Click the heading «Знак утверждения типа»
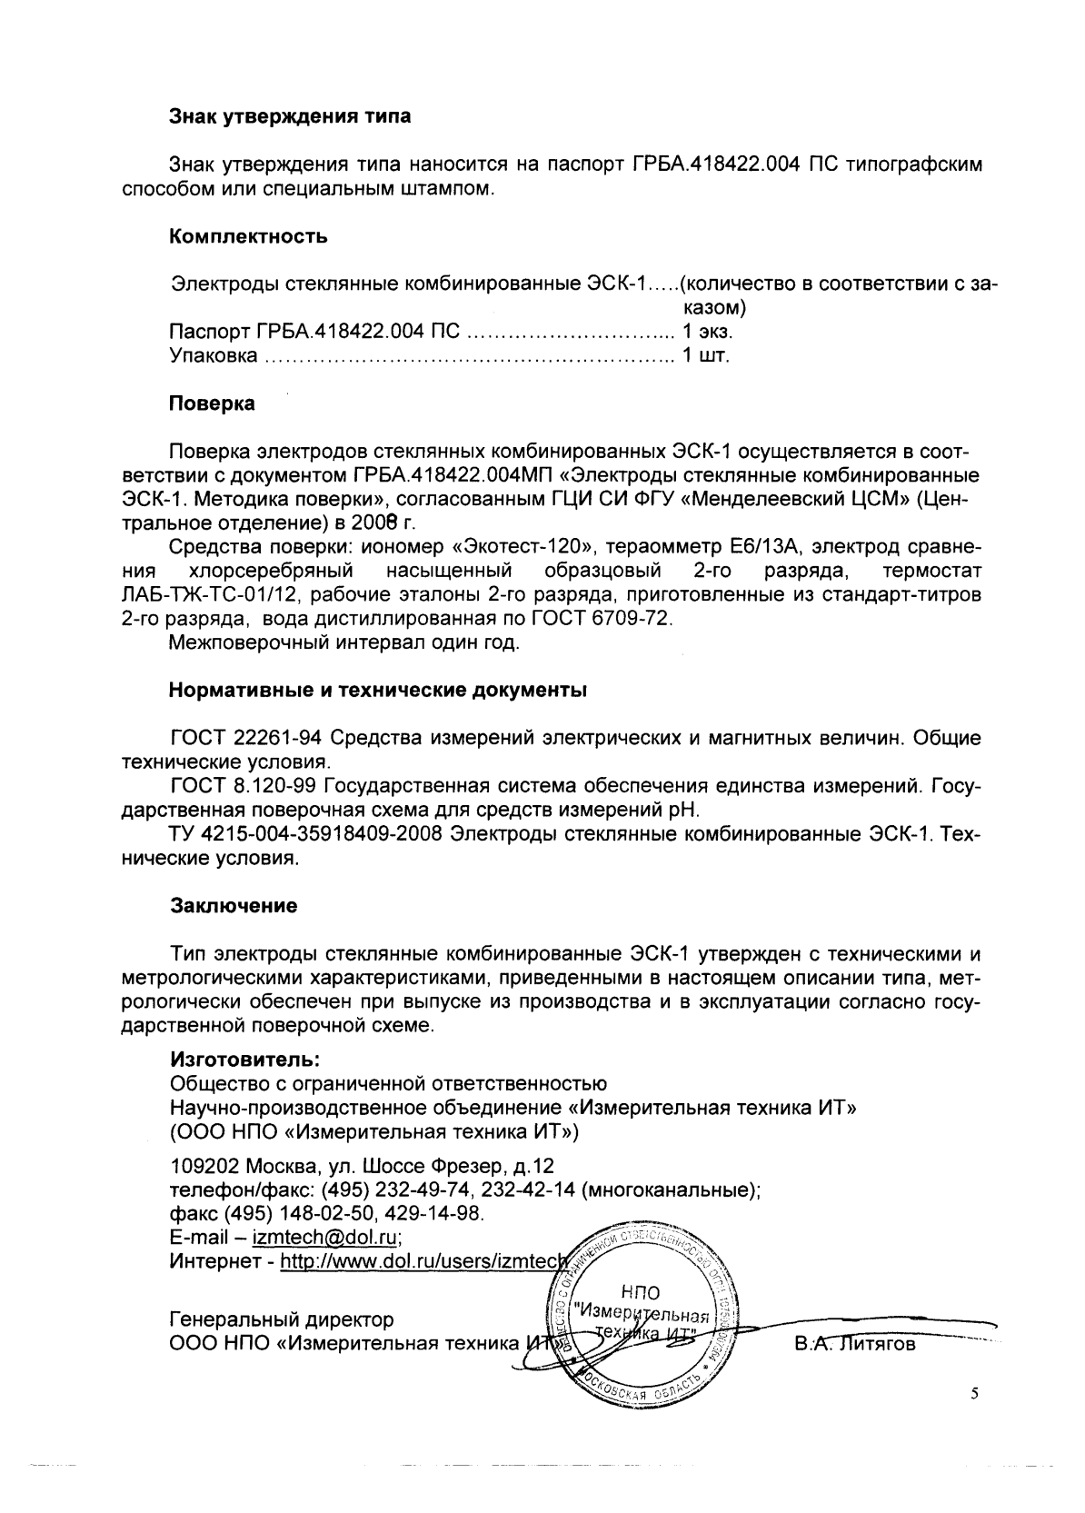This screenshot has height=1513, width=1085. [289, 116]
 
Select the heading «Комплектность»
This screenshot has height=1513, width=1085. [248, 237]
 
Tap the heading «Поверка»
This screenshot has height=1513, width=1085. [212, 403]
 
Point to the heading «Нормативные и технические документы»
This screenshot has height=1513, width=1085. [378, 690]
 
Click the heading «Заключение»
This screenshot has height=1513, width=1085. [234, 906]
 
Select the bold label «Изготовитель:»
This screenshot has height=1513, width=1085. [244, 1059]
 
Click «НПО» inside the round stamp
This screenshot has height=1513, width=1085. [641, 1292]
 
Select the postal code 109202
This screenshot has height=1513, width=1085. [200, 1166]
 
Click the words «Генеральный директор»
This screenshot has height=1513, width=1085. [283, 1319]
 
